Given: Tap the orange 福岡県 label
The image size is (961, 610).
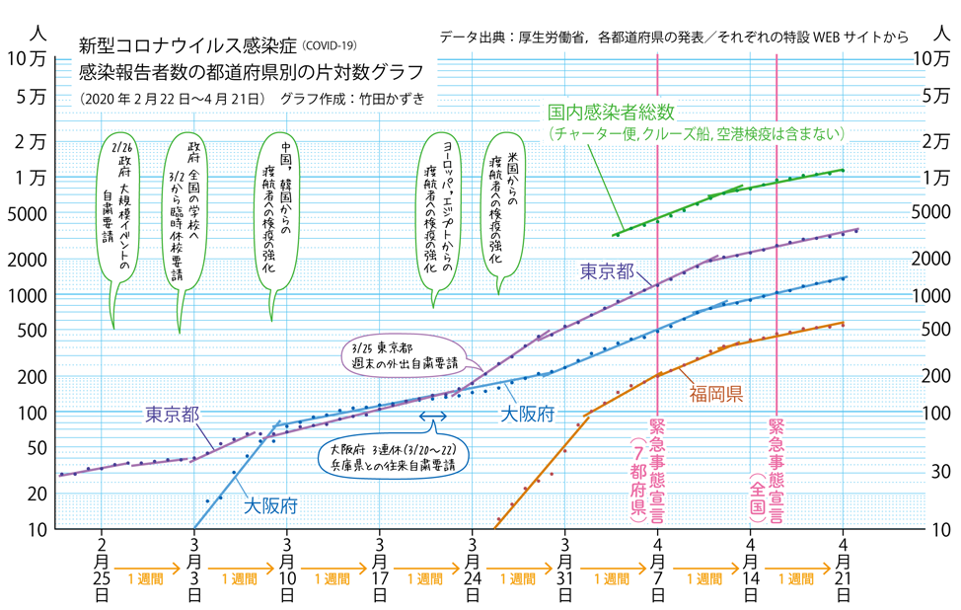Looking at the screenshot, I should point(715,394).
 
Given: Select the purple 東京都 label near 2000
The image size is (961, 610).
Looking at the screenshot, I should point(606,271).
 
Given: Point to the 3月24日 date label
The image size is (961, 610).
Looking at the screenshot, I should point(474,571).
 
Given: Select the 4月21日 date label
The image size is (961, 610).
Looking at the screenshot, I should point(843,571).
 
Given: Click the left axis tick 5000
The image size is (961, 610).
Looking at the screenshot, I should point(29,212).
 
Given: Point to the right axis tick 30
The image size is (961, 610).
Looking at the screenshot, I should point(932,473).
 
